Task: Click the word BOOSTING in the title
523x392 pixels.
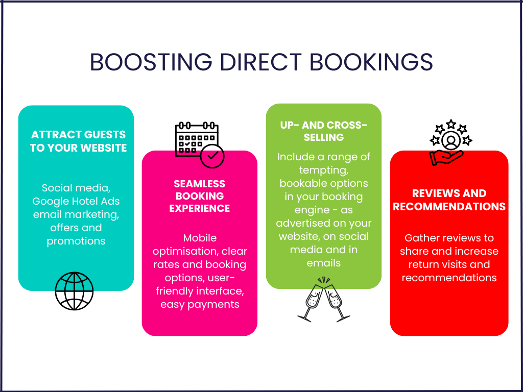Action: (x=151, y=62)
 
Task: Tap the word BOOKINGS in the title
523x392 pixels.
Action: (x=371, y=62)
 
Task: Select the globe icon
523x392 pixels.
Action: (x=74, y=291)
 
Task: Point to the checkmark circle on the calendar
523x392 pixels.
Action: (x=212, y=155)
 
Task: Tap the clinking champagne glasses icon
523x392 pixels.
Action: (x=323, y=299)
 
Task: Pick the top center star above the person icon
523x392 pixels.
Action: (x=451, y=124)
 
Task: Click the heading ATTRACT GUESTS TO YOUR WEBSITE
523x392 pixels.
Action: (x=78, y=141)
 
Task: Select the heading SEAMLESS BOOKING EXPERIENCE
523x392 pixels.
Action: (x=200, y=196)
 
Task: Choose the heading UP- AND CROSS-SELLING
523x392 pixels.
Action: (x=323, y=131)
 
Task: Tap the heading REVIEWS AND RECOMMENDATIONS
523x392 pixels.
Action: (x=449, y=200)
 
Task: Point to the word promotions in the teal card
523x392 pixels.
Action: (x=76, y=241)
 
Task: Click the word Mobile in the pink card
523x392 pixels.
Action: (x=200, y=238)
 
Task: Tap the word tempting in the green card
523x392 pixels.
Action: (x=323, y=170)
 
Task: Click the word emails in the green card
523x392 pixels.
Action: (x=323, y=263)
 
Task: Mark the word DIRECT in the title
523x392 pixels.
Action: (x=261, y=62)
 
